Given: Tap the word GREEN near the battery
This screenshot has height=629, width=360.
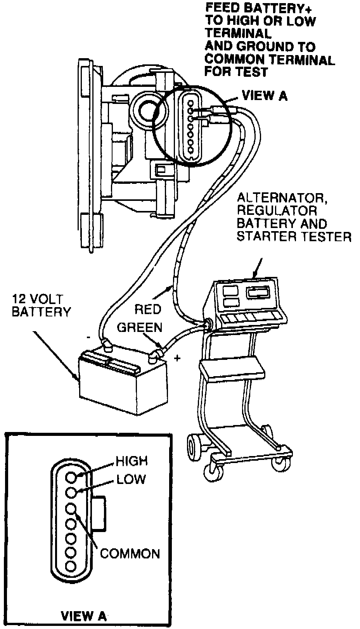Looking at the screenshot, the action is click(x=140, y=327).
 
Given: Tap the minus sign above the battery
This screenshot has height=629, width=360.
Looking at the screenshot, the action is click(x=89, y=337).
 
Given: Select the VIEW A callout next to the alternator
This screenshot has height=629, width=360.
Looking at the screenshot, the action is click(x=265, y=95).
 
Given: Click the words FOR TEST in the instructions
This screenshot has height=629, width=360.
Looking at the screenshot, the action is click(x=236, y=71).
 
